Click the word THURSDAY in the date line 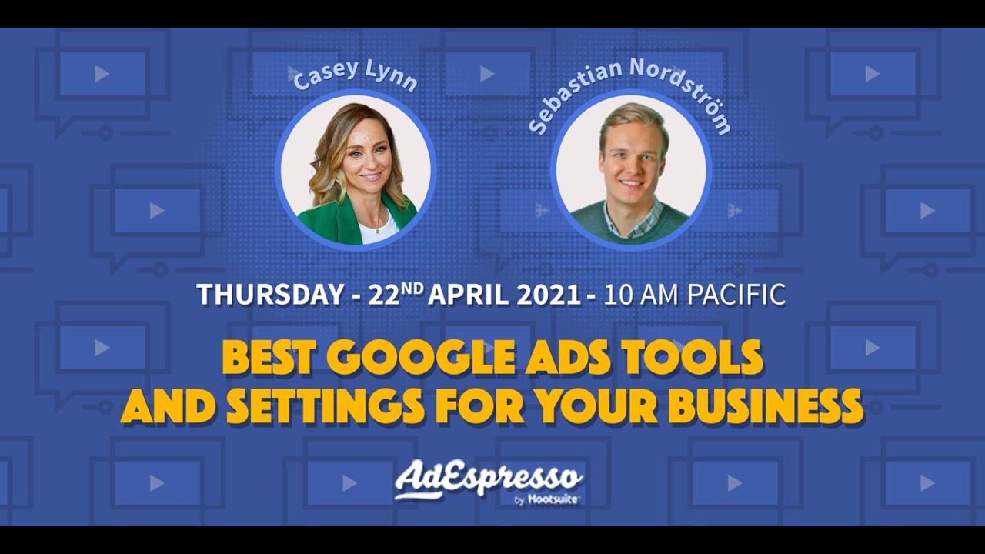[269, 295]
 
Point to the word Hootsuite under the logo [553, 499]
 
